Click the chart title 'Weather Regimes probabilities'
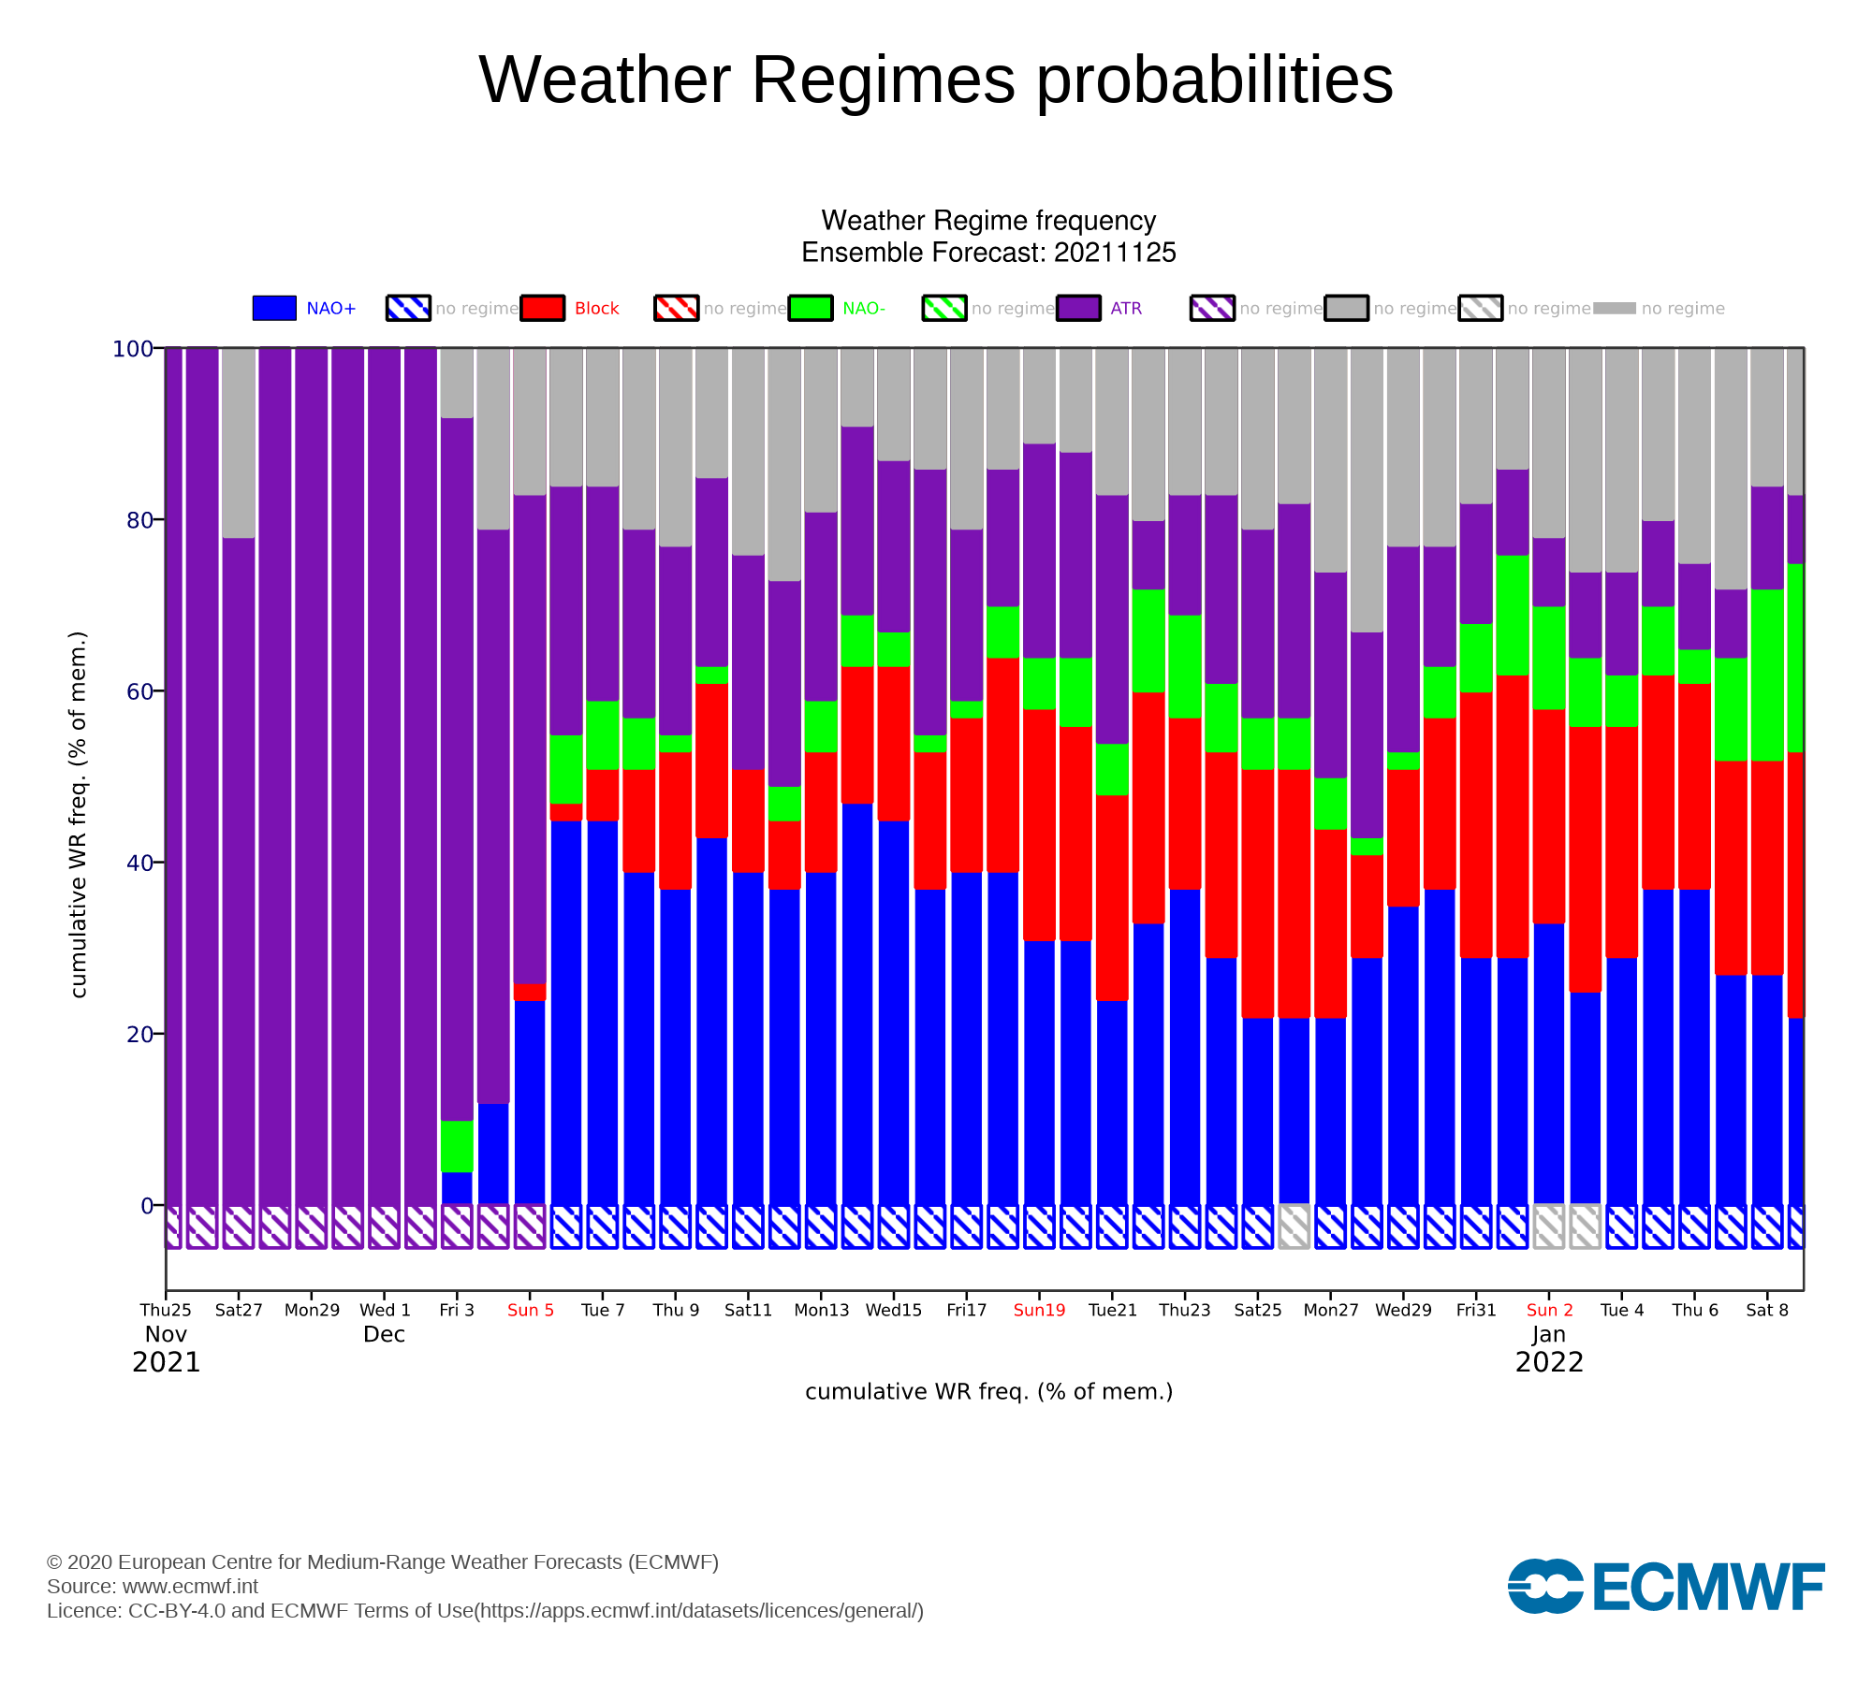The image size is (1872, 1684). point(936,80)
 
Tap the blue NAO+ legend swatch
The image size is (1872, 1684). point(274,308)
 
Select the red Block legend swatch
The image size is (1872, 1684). point(543,308)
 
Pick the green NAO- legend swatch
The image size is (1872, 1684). point(811,308)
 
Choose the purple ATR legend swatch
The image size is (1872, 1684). point(1078,308)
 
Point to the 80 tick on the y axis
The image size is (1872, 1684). point(139,520)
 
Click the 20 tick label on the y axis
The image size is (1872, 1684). point(139,1034)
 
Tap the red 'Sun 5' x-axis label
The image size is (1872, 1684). point(531,1310)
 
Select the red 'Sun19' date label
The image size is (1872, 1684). point(1039,1310)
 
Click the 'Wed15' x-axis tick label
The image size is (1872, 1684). point(894,1310)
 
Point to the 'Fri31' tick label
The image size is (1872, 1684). point(1476,1310)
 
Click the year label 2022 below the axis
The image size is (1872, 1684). point(1549,1362)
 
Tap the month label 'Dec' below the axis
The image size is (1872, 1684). point(384,1334)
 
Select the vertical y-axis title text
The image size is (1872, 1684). point(79,814)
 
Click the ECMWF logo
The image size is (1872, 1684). point(1666,1586)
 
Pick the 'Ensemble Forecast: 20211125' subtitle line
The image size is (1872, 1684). point(988,253)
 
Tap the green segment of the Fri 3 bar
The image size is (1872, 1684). point(457,1146)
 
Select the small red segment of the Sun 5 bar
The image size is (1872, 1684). point(530,992)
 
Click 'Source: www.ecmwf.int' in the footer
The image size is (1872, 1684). point(153,1587)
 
